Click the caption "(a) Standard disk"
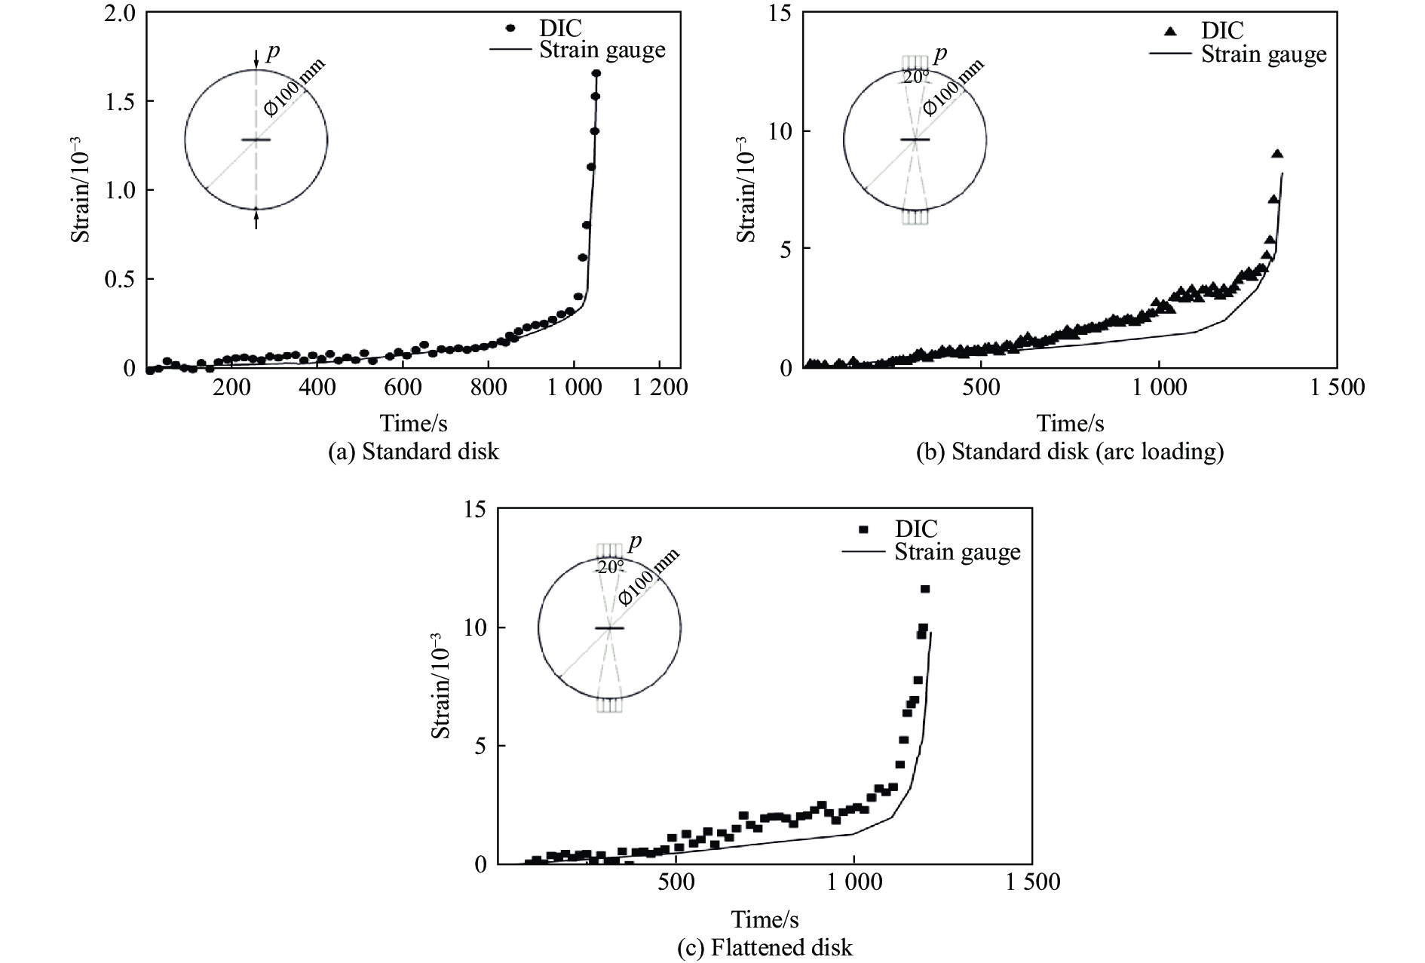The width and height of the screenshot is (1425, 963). coord(414,451)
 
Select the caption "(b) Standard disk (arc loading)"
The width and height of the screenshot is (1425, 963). coord(1069,451)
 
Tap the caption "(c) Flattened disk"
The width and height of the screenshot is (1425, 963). coord(765,947)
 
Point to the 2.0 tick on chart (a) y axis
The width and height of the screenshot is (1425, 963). coord(120,13)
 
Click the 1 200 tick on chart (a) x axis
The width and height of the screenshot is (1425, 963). coord(660,388)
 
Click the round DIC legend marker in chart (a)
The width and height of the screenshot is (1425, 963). coord(510,28)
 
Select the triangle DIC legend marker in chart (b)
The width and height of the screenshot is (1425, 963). coord(1169,31)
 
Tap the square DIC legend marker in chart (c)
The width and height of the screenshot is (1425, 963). coord(863,529)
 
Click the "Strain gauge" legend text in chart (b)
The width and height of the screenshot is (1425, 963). coord(1264,54)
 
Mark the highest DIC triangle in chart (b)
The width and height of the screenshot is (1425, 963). coord(1276,154)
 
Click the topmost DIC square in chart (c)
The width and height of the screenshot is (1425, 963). coord(925,589)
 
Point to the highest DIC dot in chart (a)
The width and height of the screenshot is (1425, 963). coord(596,73)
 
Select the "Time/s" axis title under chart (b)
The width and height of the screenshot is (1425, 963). coord(1069,422)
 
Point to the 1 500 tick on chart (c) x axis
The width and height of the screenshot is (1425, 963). coord(1032,882)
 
